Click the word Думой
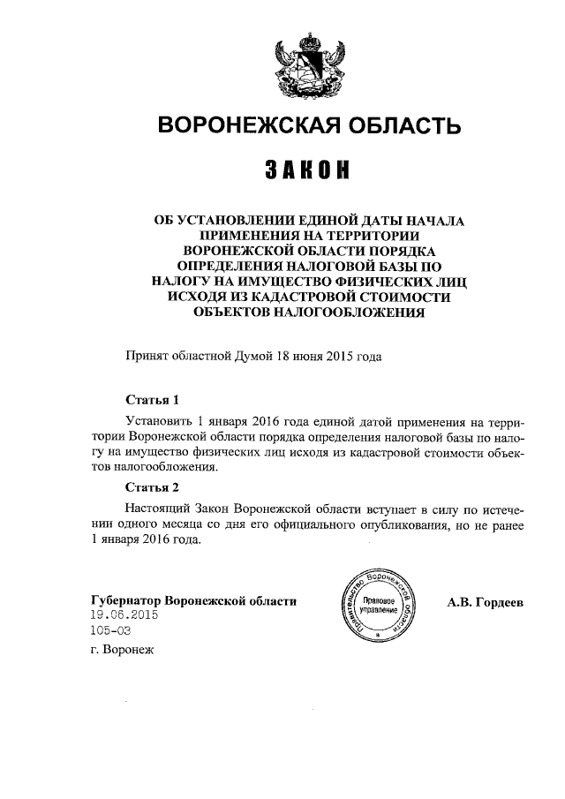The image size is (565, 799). tap(255, 357)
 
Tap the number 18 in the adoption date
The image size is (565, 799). tap(285, 357)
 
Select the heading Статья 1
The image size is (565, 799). tap(153, 398)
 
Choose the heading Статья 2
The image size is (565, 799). tap(153, 486)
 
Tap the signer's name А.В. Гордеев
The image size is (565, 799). tap(485, 602)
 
